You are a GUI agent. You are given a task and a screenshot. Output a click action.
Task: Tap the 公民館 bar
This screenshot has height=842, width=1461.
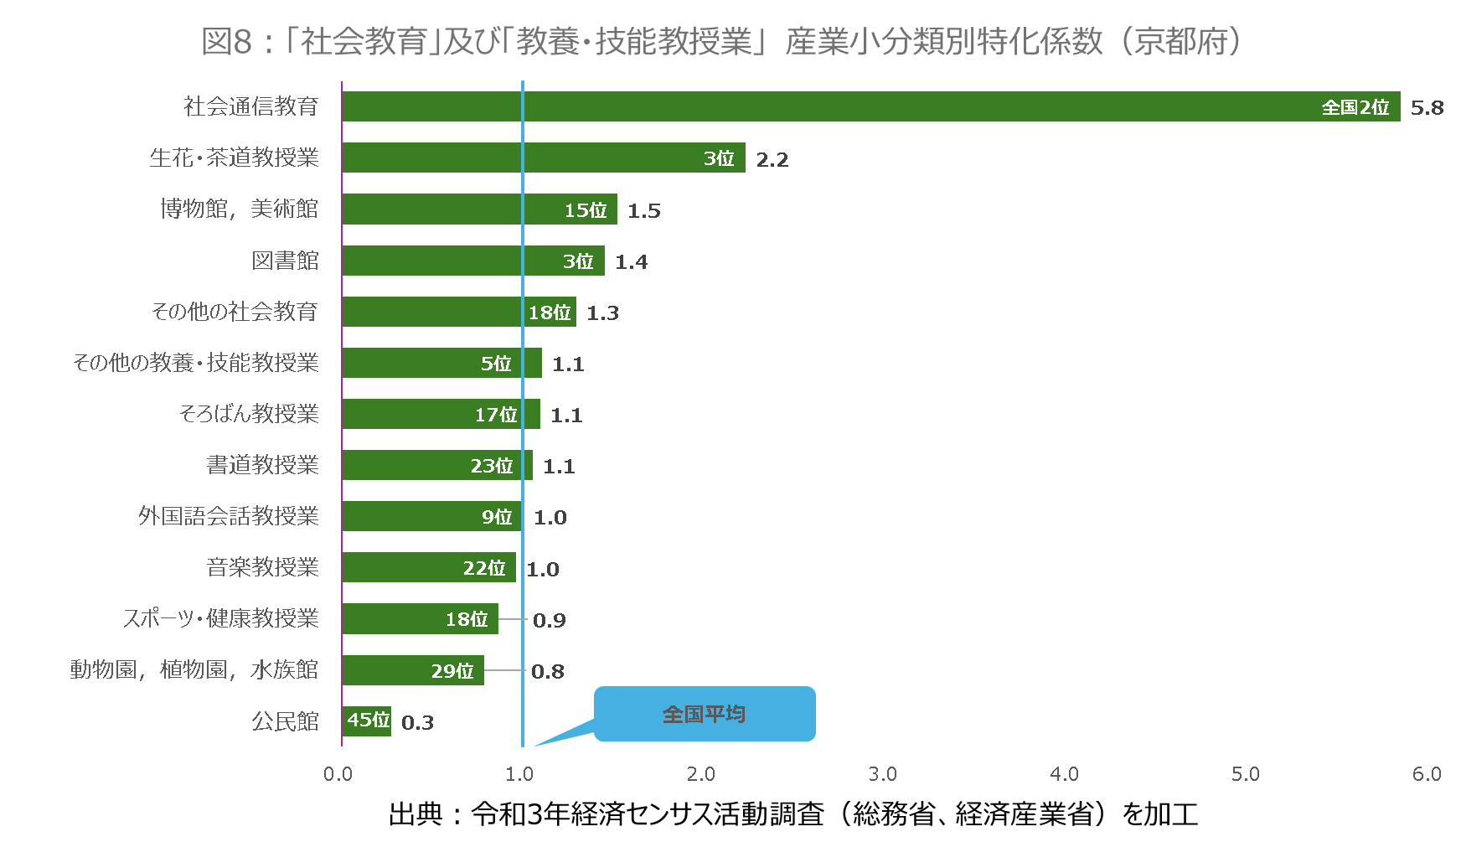tap(366, 721)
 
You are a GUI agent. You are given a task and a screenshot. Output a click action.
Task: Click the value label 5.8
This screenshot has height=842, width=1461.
tap(1427, 108)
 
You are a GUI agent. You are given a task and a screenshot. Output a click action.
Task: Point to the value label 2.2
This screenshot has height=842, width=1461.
tap(772, 160)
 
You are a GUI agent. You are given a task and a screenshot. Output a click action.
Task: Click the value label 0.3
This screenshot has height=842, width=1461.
tap(417, 723)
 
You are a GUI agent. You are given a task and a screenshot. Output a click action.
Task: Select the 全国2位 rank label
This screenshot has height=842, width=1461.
tap(1355, 107)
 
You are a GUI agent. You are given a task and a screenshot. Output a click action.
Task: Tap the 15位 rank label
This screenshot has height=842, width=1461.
tap(585, 210)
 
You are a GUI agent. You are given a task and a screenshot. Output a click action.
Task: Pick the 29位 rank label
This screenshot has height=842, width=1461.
tap(452, 671)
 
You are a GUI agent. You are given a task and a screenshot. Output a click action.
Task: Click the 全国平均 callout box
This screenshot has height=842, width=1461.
tap(704, 714)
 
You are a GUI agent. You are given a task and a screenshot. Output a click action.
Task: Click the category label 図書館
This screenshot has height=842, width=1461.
tap(285, 261)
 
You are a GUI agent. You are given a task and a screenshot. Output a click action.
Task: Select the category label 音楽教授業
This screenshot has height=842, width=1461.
tap(262, 567)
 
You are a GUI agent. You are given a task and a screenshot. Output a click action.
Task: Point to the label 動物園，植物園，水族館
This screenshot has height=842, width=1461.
tap(194, 669)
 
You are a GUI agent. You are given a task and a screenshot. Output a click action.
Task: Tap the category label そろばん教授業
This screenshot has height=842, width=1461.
tap(249, 414)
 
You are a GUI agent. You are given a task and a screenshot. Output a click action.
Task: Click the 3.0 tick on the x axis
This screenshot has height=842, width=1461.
tap(882, 774)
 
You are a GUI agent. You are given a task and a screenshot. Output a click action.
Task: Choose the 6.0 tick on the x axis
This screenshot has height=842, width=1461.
tap(1426, 774)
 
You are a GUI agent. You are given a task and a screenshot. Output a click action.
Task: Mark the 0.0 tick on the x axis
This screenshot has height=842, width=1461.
tap(338, 774)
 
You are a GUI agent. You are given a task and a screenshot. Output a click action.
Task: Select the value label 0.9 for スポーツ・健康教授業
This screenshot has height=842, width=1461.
tap(549, 621)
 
